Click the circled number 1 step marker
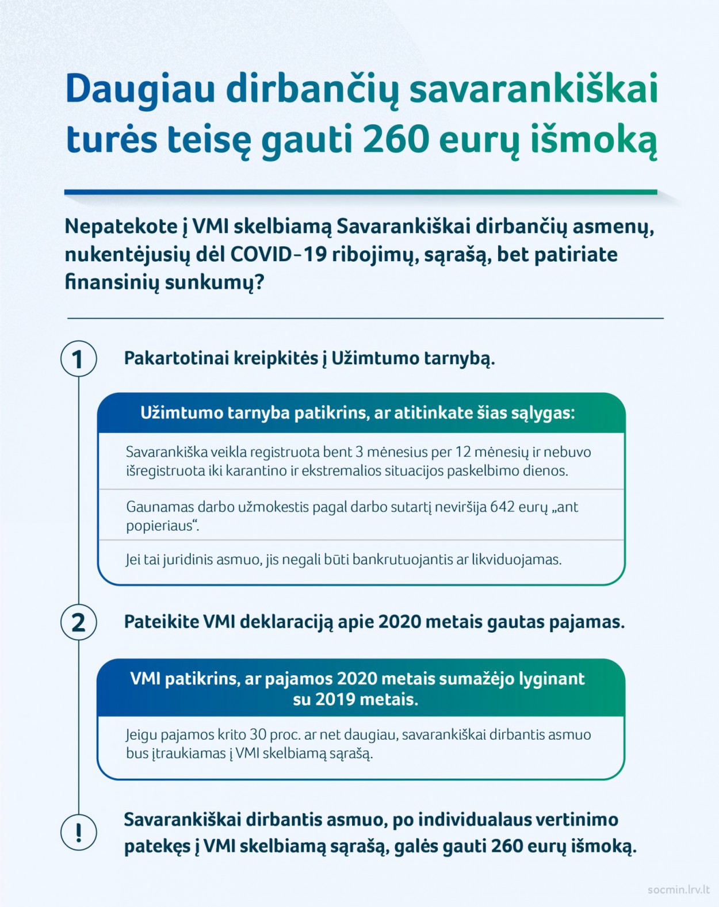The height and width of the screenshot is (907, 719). (x=78, y=359)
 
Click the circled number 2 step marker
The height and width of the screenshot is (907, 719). (x=78, y=622)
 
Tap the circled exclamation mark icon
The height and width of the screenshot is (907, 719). (x=78, y=832)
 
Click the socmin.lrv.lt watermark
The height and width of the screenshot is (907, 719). (x=678, y=890)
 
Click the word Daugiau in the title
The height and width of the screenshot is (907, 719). (x=140, y=90)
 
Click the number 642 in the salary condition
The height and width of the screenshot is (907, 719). (x=502, y=507)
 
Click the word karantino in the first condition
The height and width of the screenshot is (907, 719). (x=256, y=471)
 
